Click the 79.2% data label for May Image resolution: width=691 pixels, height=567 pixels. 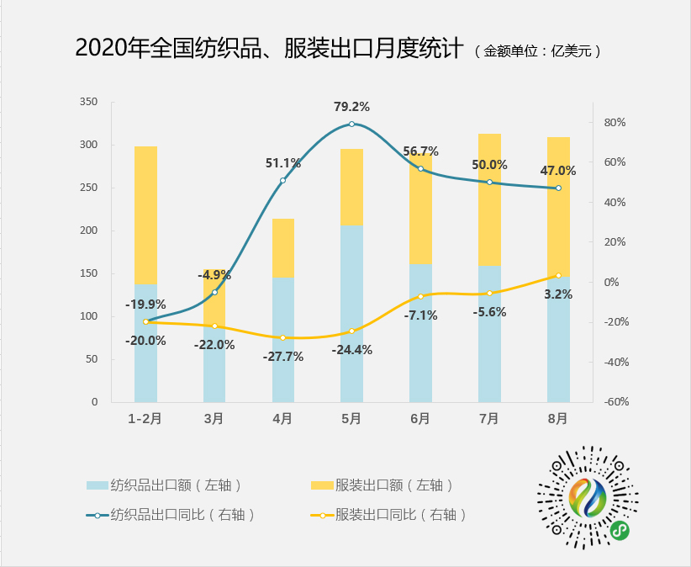pyautogui.click(x=351, y=107)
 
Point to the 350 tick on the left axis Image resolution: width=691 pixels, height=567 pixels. pyautogui.click(x=88, y=102)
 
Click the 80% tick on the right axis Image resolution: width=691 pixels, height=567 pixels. pyautogui.click(x=615, y=123)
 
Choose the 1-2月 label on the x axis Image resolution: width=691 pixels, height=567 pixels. pyautogui.click(x=145, y=417)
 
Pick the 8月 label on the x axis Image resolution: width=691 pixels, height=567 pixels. pyautogui.click(x=558, y=417)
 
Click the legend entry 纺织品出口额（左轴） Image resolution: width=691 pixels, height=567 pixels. pyautogui.click(x=164, y=485)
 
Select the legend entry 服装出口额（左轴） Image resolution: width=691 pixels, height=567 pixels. pyautogui.click(x=382, y=485)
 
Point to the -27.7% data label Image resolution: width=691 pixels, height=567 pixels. pyautogui.click(x=282, y=357)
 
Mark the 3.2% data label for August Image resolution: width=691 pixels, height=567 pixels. pyautogui.click(x=558, y=294)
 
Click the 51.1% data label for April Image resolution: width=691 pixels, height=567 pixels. pyautogui.click(x=282, y=163)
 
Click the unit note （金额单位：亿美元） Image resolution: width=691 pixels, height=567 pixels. pyautogui.click(x=538, y=50)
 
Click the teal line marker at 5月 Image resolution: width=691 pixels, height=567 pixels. pyautogui.click(x=351, y=124)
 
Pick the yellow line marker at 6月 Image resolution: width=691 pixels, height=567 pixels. pyautogui.click(x=420, y=296)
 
